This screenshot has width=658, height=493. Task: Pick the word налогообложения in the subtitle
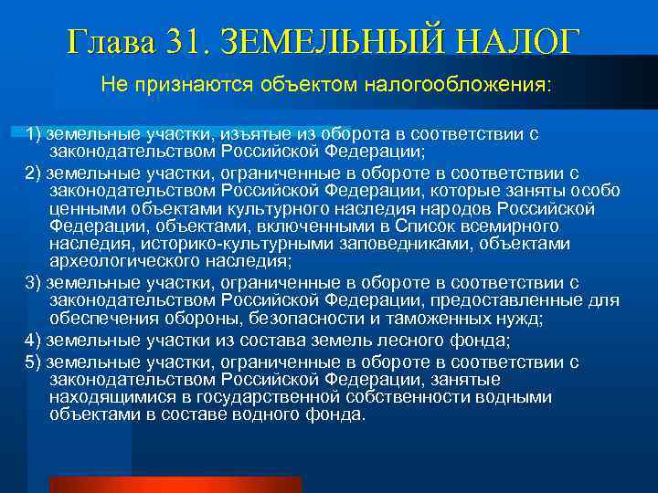456,86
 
